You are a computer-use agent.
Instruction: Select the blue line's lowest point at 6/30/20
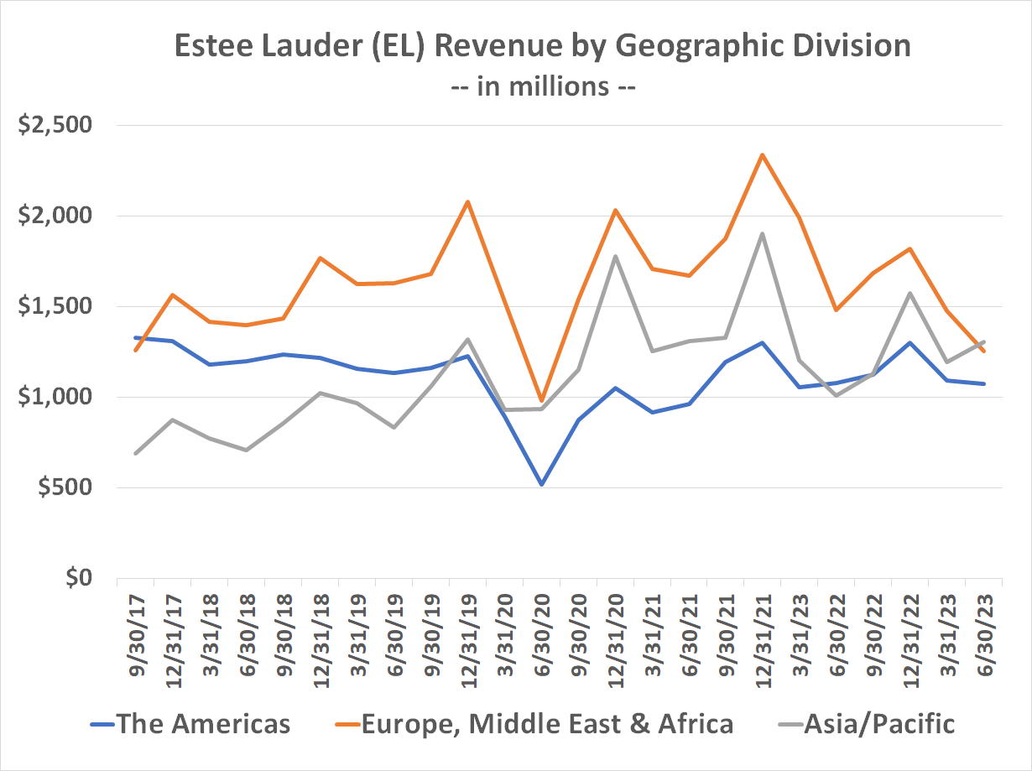541,485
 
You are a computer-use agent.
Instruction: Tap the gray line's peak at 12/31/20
615,256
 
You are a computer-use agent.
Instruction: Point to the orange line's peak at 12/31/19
467,201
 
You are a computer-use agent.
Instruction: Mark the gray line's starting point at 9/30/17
136,453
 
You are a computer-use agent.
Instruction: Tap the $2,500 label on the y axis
58,126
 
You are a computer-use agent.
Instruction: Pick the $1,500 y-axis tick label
58,306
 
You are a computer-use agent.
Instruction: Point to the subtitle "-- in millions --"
544,86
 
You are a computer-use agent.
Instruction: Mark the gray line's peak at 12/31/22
910,294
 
